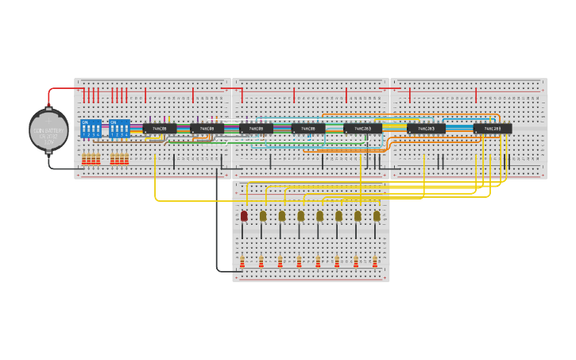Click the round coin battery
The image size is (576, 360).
[48, 130]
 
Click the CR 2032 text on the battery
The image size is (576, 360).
[48, 136]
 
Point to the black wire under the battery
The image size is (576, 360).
[60, 168]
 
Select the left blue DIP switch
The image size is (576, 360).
[91, 129]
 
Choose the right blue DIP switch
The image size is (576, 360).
[119, 129]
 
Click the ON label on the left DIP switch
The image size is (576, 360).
[86, 122]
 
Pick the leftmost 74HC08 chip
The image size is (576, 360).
[160, 128]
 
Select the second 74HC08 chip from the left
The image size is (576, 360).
[207, 128]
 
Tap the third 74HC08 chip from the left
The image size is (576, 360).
[256, 128]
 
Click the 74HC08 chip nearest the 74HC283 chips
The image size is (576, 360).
[307, 128]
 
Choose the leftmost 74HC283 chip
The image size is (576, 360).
[362, 128]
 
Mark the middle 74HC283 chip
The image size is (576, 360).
[426, 128]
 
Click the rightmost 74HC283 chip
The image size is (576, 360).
[493, 128]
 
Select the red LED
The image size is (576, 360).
[244, 215]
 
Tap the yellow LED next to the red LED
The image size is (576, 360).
[263, 215]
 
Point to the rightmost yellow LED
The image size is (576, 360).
[377, 215]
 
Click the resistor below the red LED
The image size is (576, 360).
[242, 261]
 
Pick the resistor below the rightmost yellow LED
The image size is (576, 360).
[375, 261]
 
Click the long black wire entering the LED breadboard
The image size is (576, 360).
[217, 230]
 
